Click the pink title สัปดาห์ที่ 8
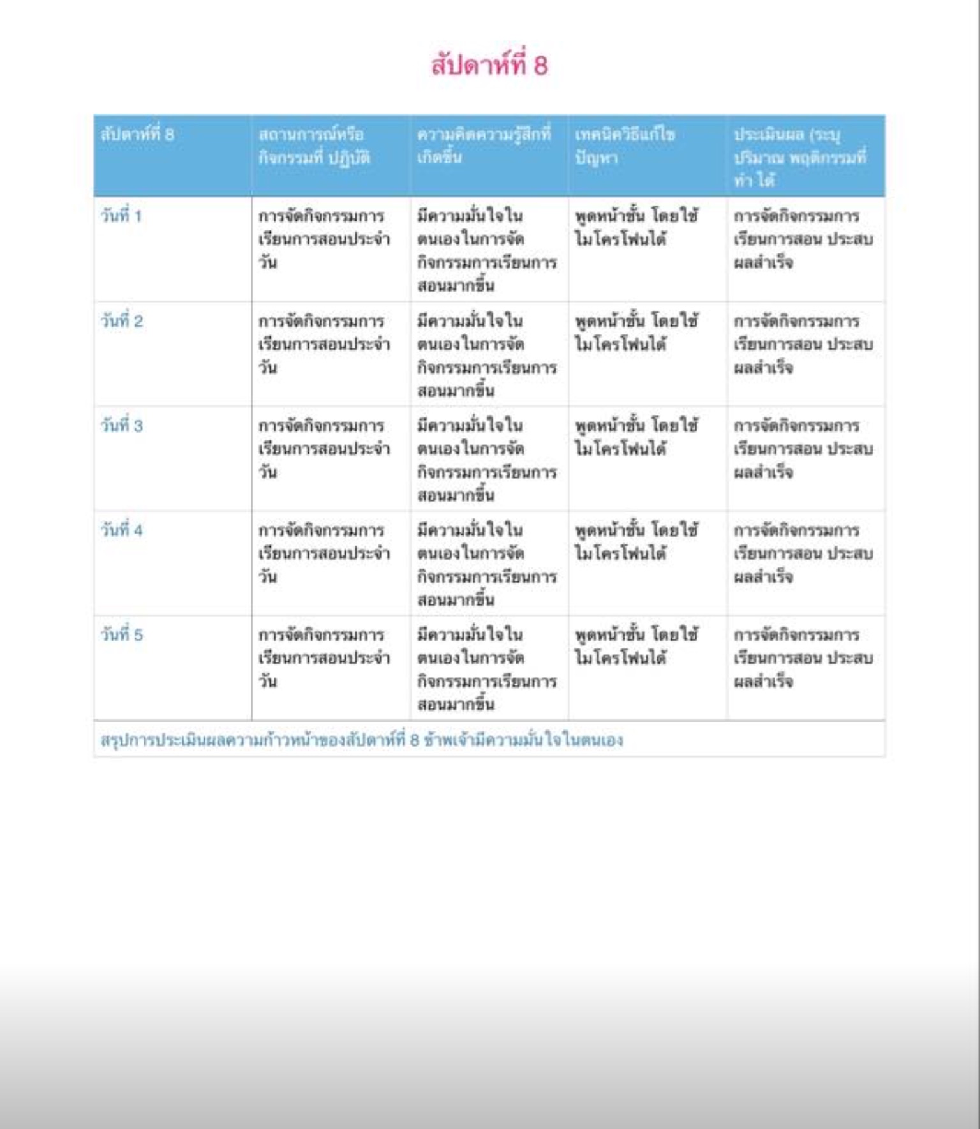click(489, 65)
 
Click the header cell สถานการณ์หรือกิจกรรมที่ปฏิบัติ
click(314, 146)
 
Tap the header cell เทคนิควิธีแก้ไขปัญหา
click(625, 146)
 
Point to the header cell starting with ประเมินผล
click(799, 157)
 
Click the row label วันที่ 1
click(121, 216)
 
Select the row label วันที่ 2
click(122, 321)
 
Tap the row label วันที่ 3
click(122, 426)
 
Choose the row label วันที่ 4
click(122, 530)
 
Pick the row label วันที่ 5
click(122, 635)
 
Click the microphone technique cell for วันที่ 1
click(636, 227)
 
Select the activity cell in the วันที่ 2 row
click(324, 344)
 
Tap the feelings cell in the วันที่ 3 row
click(487, 460)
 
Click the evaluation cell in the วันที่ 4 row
click(803, 553)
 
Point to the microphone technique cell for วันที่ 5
click(636, 646)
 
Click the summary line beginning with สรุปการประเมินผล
click(362, 740)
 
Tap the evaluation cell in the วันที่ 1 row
click(803, 239)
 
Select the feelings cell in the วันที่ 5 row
click(487, 669)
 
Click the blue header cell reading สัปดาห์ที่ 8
click(138, 135)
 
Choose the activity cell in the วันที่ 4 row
click(324, 553)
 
